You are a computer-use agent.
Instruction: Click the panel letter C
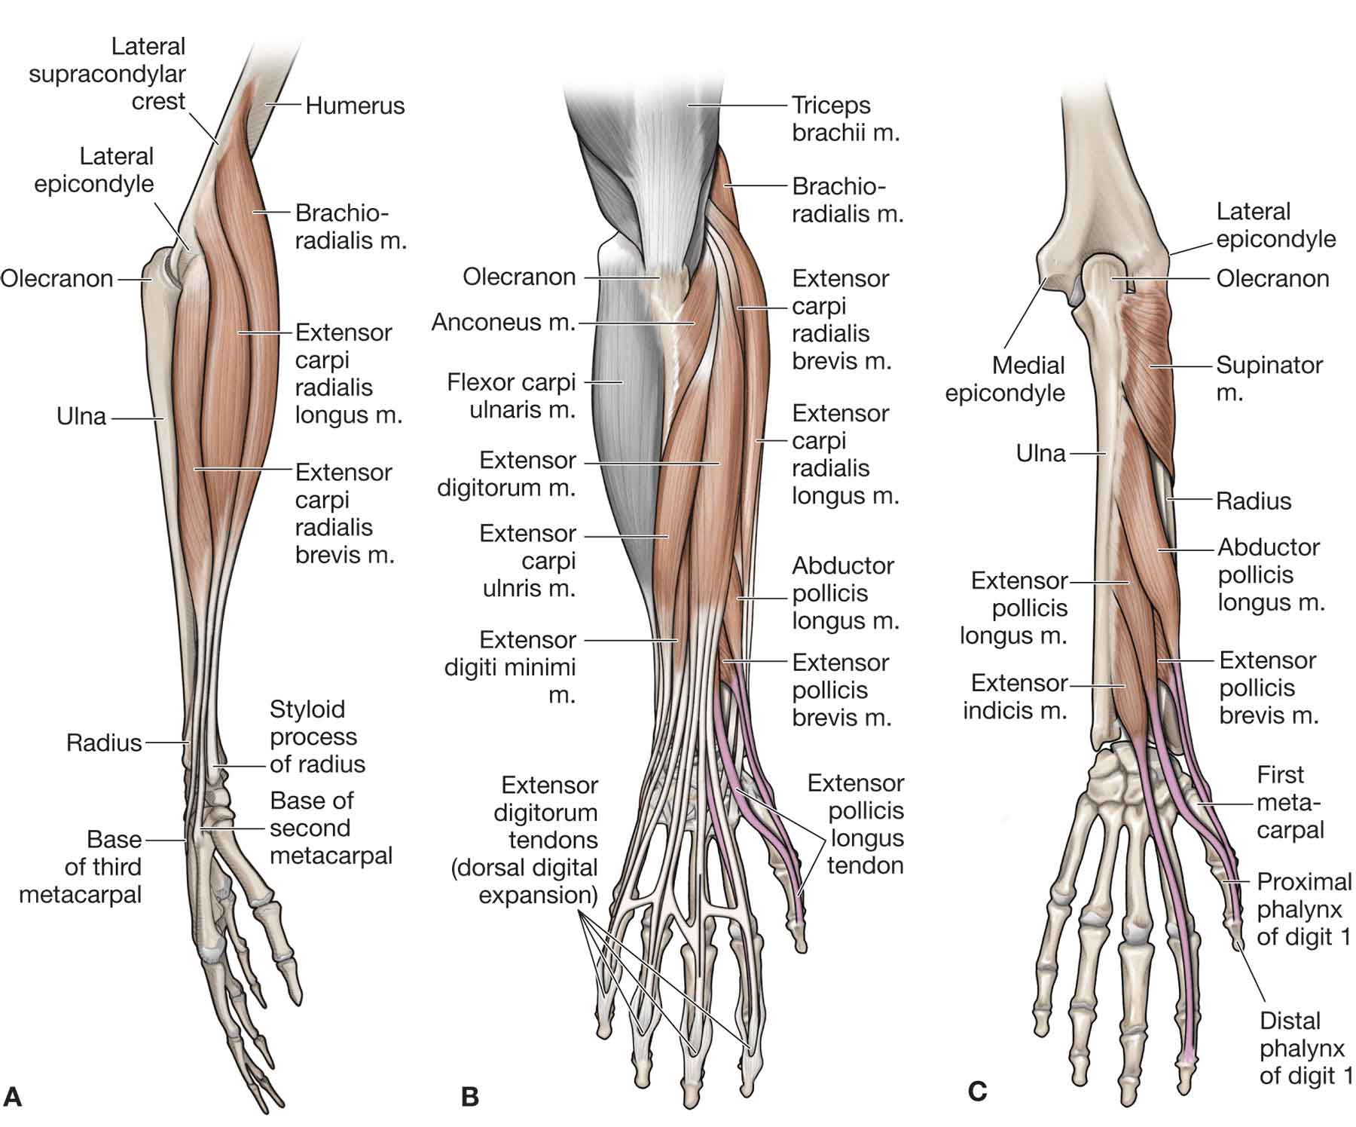pyautogui.click(x=976, y=1091)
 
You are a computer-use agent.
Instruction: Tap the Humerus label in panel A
pyautogui.click(x=355, y=106)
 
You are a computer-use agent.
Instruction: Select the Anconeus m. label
pyautogui.click(x=502, y=323)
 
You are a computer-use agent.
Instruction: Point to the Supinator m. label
pyautogui.click(x=1269, y=378)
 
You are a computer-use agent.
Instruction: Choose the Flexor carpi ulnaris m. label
pyautogui.click(x=512, y=396)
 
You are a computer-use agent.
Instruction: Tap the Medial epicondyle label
pyautogui.click(x=1006, y=379)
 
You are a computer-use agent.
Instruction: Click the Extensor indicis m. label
pyautogui.click(x=1015, y=697)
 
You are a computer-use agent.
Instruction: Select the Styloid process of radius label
pyautogui.click(x=317, y=737)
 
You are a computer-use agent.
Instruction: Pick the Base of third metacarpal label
pyautogui.click(x=80, y=867)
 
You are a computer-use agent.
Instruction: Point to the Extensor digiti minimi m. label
pyautogui.click(x=511, y=667)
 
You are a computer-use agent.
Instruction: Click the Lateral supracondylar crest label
pyautogui.click(x=107, y=74)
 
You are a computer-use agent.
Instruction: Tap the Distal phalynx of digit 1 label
pyautogui.click(x=1305, y=1048)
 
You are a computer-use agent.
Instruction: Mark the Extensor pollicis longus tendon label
pyautogui.click(x=856, y=825)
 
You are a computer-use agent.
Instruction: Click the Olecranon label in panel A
pyautogui.click(x=57, y=279)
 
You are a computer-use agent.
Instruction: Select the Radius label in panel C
pyautogui.click(x=1254, y=501)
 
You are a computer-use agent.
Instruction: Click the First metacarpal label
pyautogui.click(x=1289, y=803)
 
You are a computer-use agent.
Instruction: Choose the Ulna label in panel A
pyautogui.click(x=81, y=416)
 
